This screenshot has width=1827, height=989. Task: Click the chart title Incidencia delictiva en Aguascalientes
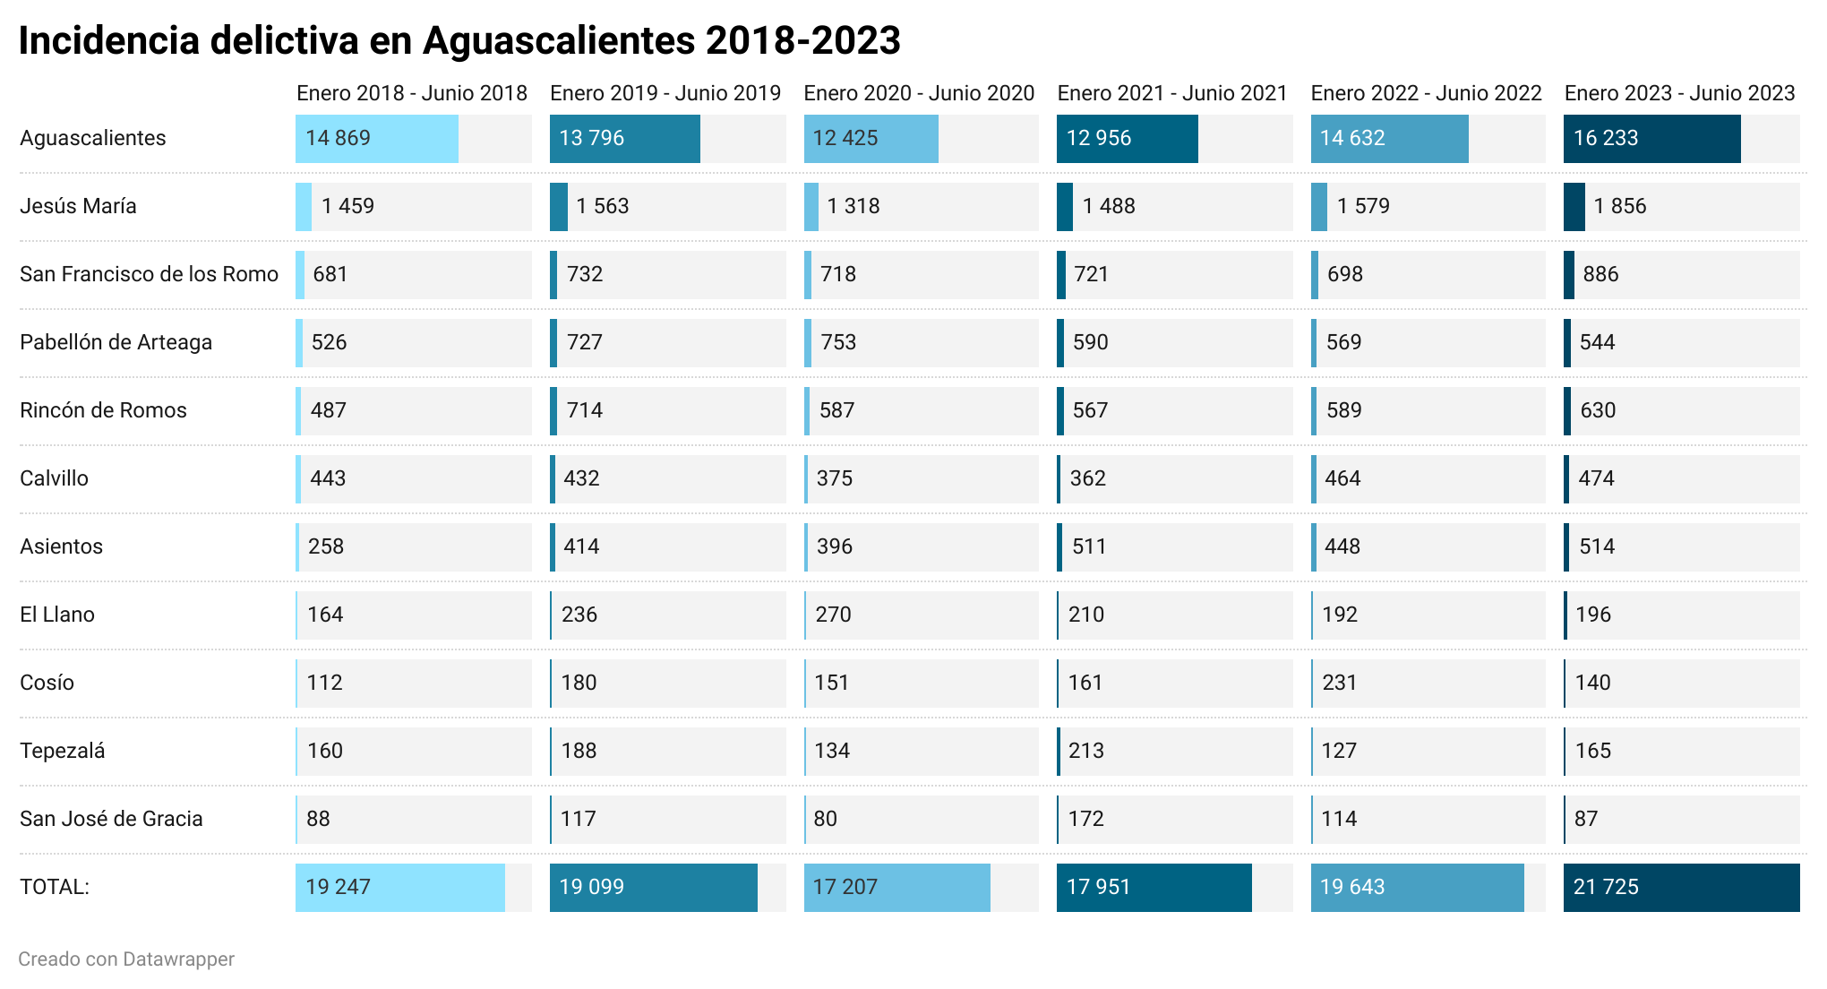tap(459, 40)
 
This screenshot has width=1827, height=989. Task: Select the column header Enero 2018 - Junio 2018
tap(412, 93)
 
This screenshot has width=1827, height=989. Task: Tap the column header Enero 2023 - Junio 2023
tap(1679, 93)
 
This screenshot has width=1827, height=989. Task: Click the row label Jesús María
tap(78, 206)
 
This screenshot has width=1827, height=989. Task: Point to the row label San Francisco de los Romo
tap(149, 274)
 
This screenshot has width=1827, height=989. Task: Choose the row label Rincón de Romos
tap(103, 410)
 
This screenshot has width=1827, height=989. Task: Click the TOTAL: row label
tap(55, 887)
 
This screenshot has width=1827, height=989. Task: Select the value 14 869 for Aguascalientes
tap(338, 138)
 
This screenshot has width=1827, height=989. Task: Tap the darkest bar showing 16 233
tap(1651, 138)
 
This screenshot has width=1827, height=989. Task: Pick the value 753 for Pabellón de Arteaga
tap(838, 342)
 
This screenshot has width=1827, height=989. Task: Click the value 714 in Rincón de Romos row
tap(584, 410)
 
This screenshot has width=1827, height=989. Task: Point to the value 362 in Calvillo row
tap(1087, 478)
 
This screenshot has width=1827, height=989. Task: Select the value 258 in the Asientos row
tap(326, 546)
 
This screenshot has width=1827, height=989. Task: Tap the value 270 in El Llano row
tap(833, 615)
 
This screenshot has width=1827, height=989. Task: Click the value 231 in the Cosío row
tap(1339, 683)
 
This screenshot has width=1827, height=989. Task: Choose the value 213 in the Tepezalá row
tap(1085, 751)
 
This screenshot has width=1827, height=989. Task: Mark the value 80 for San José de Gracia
tap(825, 819)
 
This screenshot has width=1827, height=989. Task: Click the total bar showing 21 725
tap(1681, 887)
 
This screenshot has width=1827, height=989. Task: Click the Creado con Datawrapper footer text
tap(126, 959)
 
